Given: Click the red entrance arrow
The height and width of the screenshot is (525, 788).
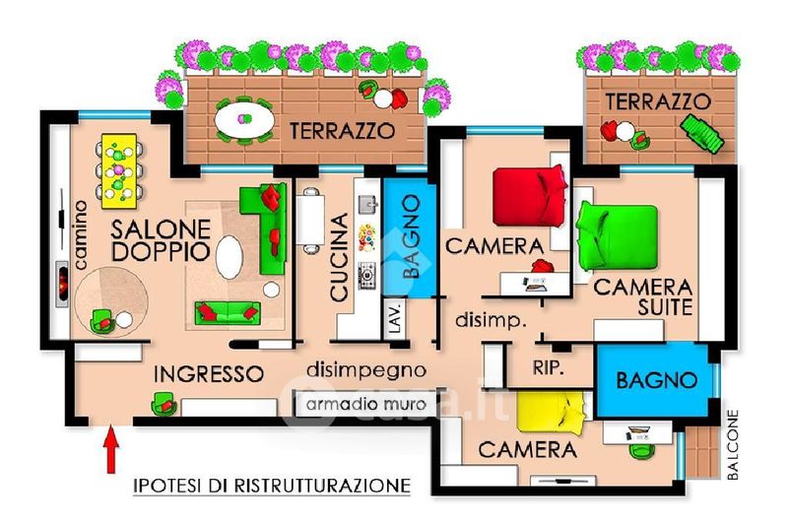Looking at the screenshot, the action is click(x=111, y=449).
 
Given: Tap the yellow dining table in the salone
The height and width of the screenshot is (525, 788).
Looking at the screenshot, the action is click(x=119, y=170).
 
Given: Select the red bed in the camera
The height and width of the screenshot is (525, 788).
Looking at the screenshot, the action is click(x=529, y=196).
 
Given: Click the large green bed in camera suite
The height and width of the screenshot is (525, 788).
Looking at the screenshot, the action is click(x=618, y=235).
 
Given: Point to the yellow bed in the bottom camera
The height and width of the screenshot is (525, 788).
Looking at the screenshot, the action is click(x=552, y=413).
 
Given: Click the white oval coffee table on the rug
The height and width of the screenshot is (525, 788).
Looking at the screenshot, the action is click(x=230, y=257).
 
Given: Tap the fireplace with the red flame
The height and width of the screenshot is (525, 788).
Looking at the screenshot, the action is click(x=62, y=284).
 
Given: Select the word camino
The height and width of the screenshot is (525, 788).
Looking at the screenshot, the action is click(x=80, y=234).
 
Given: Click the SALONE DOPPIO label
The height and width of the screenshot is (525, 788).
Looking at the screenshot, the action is click(x=161, y=240).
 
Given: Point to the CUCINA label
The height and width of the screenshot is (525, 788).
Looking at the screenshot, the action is click(x=340, y=257).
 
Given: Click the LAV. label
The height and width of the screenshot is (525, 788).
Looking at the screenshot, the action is click(x=396, y=317).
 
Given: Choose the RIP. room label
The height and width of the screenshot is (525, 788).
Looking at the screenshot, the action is click(x=549, y=367).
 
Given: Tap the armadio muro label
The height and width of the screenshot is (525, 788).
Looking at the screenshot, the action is click(x=365, y=404).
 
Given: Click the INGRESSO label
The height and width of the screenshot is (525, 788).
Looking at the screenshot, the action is click(x=209, y=373).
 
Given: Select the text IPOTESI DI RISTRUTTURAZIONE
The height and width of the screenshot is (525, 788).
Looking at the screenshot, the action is click(x=272, y=486).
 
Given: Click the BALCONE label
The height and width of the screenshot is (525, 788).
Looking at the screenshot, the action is click(x=733, y=444).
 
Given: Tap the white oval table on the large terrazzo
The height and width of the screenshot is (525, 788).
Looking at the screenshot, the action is click(x=244, y=120).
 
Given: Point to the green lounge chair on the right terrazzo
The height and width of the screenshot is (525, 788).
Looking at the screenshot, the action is click(x=701, y=133).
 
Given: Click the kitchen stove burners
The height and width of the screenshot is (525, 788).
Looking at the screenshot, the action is click(x=367, y=276).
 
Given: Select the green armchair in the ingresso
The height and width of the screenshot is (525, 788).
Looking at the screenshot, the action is click(x=164, y=404).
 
